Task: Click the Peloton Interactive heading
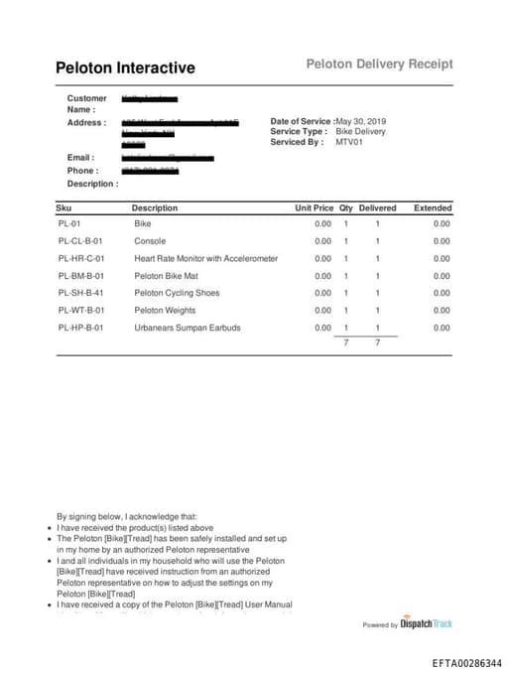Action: (x=125, y=68)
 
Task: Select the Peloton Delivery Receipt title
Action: (x=379, y=64)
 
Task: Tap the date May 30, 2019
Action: (x=362, y=121)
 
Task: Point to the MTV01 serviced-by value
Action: (x=349, y=142)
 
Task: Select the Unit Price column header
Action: (x=314, y=208)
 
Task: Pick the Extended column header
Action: (x=433, y=208)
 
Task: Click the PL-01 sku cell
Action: (x=68, y=224)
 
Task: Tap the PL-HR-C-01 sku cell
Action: (x=81, y=258)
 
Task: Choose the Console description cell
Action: (x=150, y=241)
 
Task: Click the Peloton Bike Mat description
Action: (x=166, y=276)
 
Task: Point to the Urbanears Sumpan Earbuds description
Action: (x=188, y=328)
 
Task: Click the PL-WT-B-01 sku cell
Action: (x=81, y=311)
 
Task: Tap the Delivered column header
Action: (x=377, y=208)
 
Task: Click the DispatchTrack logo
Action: (x=426, y=624)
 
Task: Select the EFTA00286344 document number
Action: (x=466, y=662)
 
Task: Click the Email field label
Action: (x=80, y=158)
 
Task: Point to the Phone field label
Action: (x=82, y=171)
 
